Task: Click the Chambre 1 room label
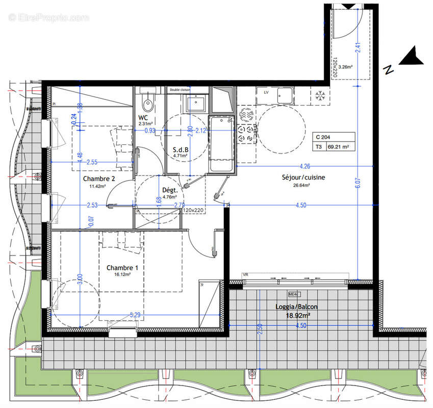122,268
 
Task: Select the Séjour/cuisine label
303,177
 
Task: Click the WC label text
143,118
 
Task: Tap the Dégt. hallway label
169,190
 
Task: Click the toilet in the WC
148,104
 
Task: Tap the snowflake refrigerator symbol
320,95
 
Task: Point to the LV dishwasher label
266,93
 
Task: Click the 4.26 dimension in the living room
304,166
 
